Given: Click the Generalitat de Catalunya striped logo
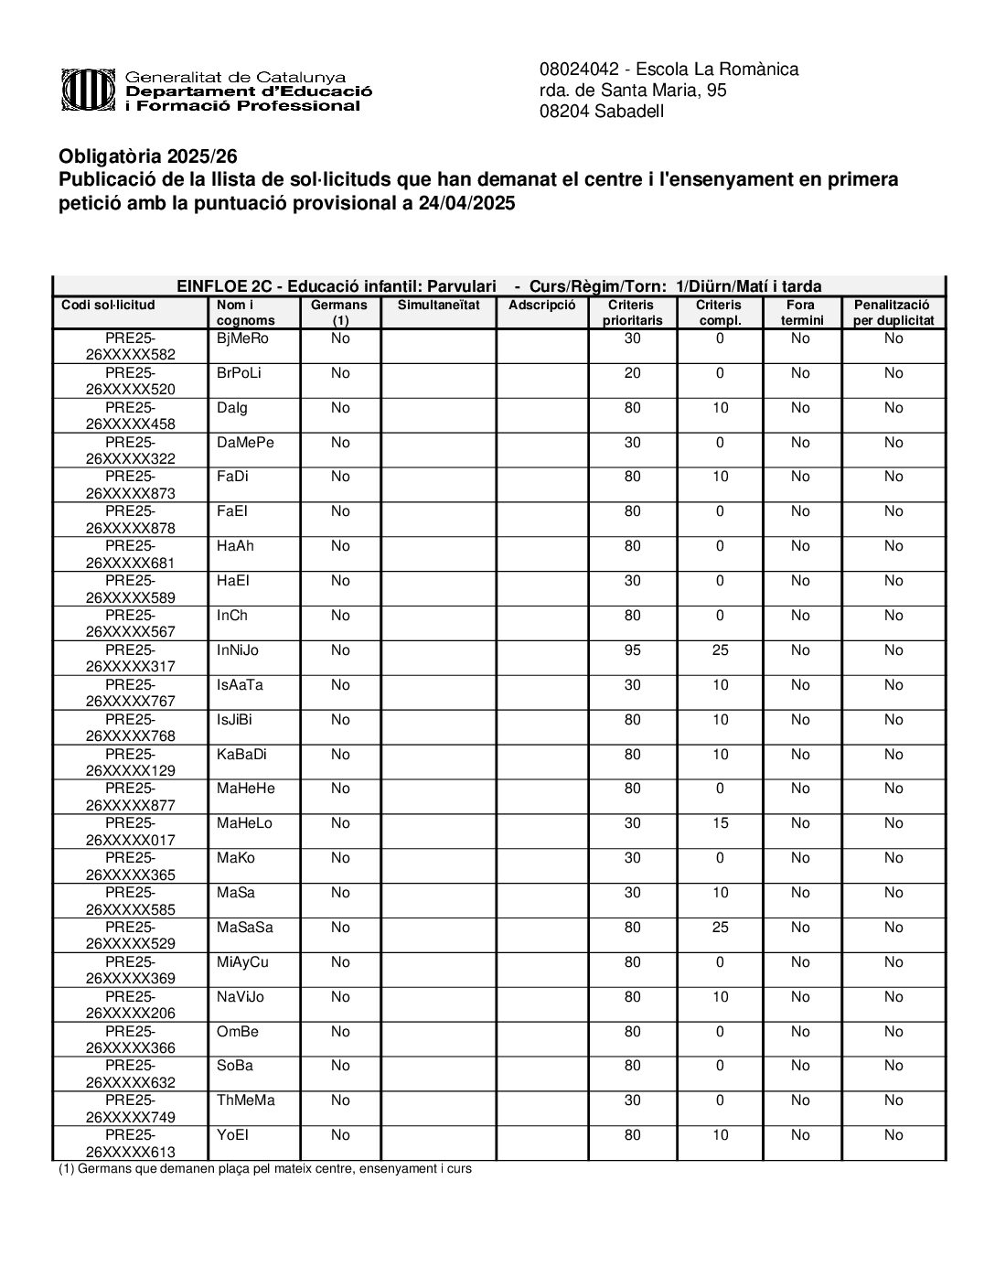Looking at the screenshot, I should coord(90,91).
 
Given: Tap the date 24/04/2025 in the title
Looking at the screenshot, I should coord(466,204).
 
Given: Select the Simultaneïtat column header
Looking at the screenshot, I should coord(438,305).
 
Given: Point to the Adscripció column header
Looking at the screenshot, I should coord(541,305).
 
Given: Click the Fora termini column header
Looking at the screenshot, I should coord(801,312).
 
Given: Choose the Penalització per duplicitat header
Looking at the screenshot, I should coord(893,312).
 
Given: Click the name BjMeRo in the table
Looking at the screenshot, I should coord(243,338).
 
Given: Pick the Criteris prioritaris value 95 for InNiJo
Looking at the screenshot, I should coord(632,650).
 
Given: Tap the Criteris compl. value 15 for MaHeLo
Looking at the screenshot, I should coord(720,823).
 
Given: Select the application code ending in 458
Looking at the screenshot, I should coord(130,416).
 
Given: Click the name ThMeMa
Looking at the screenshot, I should coord(245,1100).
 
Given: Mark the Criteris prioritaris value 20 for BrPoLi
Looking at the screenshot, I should coord(632,373).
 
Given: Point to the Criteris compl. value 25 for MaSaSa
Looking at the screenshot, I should coord(720,928).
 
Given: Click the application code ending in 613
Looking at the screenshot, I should coord(130,1143).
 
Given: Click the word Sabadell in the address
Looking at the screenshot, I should coord(627,112).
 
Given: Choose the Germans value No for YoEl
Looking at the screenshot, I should coord(340,1135).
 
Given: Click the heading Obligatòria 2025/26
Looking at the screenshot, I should coord(148,156).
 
